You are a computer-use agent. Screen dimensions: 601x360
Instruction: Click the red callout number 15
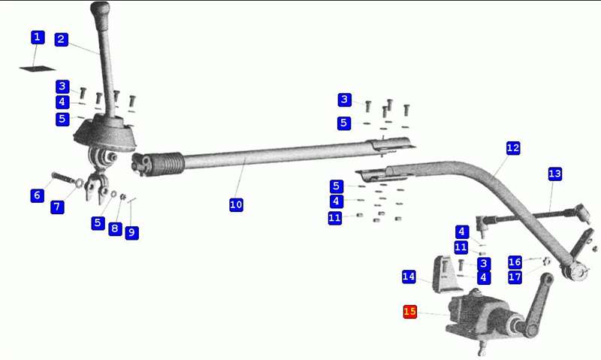point(409,311)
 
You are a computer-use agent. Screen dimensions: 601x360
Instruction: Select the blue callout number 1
point(37,37)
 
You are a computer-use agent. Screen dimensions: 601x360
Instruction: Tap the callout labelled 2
point(62,39)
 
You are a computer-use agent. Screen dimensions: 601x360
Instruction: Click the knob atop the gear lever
point(101,11)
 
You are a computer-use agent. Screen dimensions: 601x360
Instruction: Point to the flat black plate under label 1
point(38,68)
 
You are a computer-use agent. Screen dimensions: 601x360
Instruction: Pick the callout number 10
point(236,204)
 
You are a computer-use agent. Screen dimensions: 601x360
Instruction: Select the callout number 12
point(513,148)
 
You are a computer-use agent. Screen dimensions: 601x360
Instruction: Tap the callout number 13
point(554,174)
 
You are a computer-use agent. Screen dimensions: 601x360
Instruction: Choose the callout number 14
point(409,277)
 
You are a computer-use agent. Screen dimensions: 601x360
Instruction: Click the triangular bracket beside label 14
point(446,274)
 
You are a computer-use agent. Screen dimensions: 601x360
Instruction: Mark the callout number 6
point(37,195)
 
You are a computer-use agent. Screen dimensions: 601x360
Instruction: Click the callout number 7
point(57,207)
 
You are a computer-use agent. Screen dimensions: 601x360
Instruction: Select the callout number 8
point(115,229)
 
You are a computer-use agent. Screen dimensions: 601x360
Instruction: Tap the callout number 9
point(132,232)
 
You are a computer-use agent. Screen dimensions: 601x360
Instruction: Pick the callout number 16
point(515,262)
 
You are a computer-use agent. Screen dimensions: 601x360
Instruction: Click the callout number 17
point(515,277)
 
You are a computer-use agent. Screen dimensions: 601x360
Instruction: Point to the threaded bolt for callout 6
point(64,178)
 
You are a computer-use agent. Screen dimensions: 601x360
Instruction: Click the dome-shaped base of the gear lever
point(104,134)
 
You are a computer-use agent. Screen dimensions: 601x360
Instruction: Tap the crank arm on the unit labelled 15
point(539,305)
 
